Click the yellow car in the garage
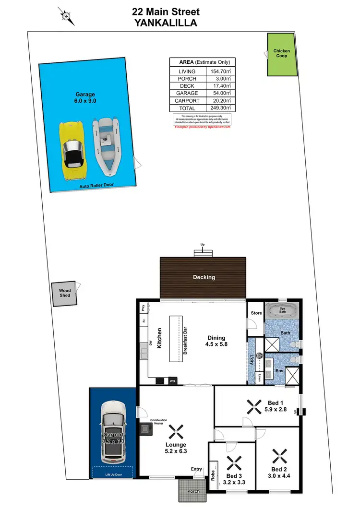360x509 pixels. click(x=73, y=150)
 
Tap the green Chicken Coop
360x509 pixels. click(x=281, y=55)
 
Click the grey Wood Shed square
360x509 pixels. click(x=65, y=293)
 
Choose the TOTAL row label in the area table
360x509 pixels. click(x=187, y=108)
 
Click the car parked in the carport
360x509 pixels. click(x=113, y=433)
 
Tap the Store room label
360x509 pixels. click(x=256, y=313)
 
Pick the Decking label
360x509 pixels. click(x=204, y=277)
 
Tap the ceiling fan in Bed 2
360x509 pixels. click(x=278, y=454)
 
